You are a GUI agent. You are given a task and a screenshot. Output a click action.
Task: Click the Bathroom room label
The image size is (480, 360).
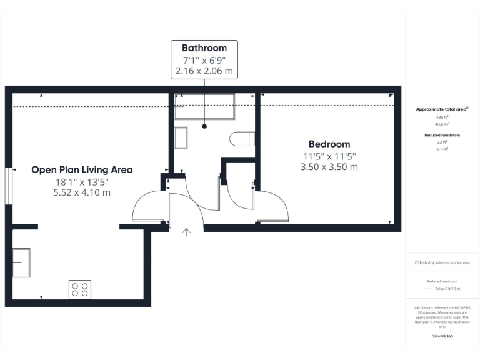pyautogui.click(x=204, y=47)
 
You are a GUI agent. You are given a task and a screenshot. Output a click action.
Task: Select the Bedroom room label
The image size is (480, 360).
pyautogui.click(x=329, y=144)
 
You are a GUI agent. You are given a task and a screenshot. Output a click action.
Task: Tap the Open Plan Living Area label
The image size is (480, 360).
pyautogui.click(x=82, y=169)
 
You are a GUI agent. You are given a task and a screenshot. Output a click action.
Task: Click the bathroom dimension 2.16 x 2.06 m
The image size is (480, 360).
pyautogui.click(x=204, y=71)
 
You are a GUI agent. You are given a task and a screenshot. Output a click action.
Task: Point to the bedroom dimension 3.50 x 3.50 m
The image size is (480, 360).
pyautogui.click(x=329, y=167)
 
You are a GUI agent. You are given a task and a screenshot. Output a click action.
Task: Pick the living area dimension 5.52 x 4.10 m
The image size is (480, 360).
pyautogui.click(x=82, y=192)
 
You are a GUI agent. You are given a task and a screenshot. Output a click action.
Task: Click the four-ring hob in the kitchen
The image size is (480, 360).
pyautogui.click(x=79, y=289)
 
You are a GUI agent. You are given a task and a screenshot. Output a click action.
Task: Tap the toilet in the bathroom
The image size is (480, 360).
pyautogui.click(x=241, y=139)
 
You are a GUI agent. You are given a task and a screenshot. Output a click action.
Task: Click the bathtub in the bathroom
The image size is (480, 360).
pyautogui.click(x=204, y=106)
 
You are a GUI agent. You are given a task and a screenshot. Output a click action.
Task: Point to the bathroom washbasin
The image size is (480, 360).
pyautogui.click(x=180, y=137)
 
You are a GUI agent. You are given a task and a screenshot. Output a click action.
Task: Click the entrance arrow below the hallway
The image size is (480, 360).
pyautogui.click(x=186, y=233)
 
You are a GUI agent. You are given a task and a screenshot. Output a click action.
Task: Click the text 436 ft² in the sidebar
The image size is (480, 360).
pyautogui.click(x=442, y=117)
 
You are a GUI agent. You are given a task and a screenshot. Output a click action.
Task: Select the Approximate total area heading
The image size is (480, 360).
pyautogui.click(x=442, y=109)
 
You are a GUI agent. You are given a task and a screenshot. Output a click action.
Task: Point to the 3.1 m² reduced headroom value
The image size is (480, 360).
pyautogui.click(x=442, y=149)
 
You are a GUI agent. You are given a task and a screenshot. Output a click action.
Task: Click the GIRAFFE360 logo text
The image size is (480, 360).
pyautogui.click(x=442, y=336)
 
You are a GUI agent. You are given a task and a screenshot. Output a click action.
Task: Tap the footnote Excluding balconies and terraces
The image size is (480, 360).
pyautogui.click(x=442, y=262)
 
